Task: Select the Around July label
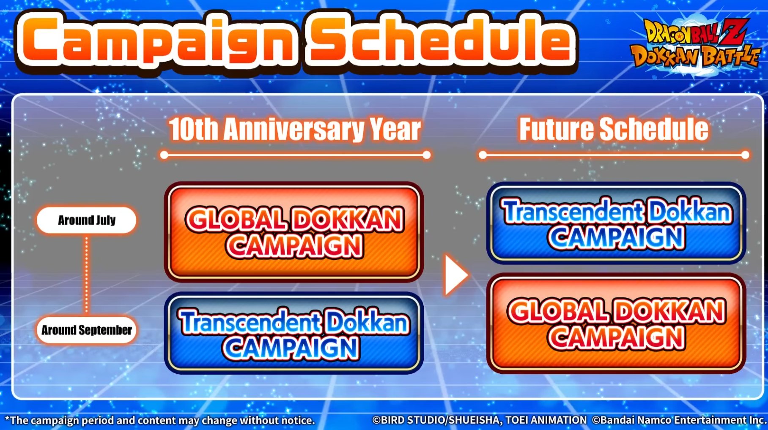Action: click(87, 220)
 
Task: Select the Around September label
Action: click(87, 330)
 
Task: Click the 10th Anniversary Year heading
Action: click(295, 129)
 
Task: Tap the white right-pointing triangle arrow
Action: click(455, 275)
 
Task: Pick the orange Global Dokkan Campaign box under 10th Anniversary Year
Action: click(294, 232)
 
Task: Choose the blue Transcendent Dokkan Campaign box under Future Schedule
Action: click(616, 223)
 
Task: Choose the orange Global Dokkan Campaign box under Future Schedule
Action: click(616, 324)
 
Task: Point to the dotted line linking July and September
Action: click(87, 275)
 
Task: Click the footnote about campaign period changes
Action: click(160, 420)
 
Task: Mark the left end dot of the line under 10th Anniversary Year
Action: click(164, 155)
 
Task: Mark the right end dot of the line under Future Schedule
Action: click(746, 155)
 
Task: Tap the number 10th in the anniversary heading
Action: click(194, 129)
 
